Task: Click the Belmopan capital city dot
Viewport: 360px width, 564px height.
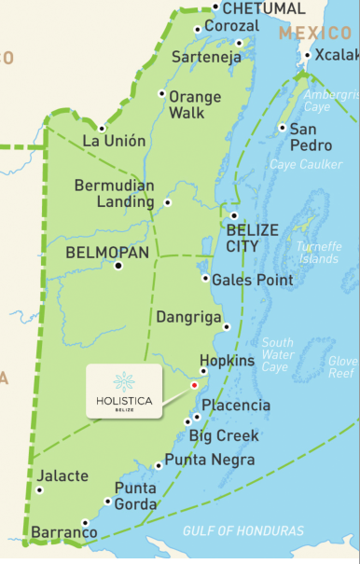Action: click(x=118, y=266)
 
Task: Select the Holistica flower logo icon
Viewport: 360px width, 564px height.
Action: click(x=123, y=381)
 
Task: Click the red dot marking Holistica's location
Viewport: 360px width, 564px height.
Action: click(x=194, y=384)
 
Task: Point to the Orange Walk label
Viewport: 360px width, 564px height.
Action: click(x=195, y=104)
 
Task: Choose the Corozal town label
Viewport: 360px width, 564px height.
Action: click(x=231, y=26)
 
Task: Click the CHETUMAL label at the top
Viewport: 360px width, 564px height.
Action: click(x=264, y=8)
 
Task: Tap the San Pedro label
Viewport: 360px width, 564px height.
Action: click(x=311, y=137)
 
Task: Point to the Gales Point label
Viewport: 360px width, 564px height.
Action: click(x=253, y=280)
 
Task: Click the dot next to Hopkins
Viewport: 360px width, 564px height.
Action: click(x=204, y=371)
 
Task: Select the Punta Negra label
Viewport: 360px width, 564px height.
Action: click(x=210, y=460)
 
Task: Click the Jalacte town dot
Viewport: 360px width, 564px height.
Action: click(x=39, y=489)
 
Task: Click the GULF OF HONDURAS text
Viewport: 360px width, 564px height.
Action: click(x=242, y=531)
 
